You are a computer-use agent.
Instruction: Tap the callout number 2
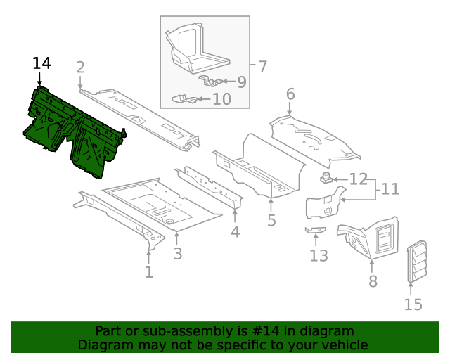tap(80, 67)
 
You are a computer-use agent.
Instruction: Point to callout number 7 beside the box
tap(262, 67)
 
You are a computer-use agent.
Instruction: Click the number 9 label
tap(241, 82)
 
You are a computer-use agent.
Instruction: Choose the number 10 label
tap(221, 99)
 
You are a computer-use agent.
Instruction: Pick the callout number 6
tap(290, 94)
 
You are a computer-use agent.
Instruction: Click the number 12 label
tap(359, 179)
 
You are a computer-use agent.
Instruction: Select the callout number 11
tap(390, 189)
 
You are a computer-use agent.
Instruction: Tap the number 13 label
tap(319, 255)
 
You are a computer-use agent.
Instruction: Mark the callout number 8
tap(373, 282)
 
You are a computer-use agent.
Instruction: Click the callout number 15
tap(413, 304)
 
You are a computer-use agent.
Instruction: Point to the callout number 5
tap(271, 221)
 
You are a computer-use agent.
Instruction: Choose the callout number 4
tap(235, 232)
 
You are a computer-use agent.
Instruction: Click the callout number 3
tap(178, 254)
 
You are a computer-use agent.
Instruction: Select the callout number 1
tap(148, 272)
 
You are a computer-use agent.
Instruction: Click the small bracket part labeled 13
tap(316, 229)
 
